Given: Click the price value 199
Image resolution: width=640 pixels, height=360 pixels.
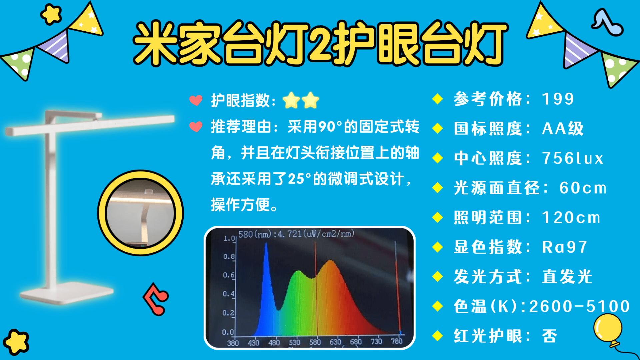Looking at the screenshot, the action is coord(558,99).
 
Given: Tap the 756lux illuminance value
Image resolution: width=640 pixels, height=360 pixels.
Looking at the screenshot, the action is coord(573,158).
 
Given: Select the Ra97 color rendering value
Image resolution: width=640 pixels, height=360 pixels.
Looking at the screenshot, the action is coord(564,247).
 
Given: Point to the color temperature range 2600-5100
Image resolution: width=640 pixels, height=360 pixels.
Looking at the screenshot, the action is coord(579,306).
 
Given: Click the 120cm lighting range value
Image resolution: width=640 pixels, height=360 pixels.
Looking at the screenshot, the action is coord(571,217).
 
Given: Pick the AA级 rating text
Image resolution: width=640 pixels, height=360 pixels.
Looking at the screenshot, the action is coord(563,128).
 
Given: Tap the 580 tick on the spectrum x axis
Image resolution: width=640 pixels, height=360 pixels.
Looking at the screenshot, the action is coord(315,342).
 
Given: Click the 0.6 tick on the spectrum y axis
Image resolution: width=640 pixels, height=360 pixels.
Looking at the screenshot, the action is coord(229,275).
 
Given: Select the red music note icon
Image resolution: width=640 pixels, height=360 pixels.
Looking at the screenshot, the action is coord(156,299).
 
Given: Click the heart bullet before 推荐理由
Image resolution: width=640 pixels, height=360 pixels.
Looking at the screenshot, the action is coord(196,127).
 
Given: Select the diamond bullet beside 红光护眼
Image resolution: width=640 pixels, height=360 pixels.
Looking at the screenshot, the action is coord(437,335).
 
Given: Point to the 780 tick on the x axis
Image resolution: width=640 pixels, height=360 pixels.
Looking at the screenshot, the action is coord(396,341).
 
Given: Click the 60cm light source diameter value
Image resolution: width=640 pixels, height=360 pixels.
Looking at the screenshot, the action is coord(583,188).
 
